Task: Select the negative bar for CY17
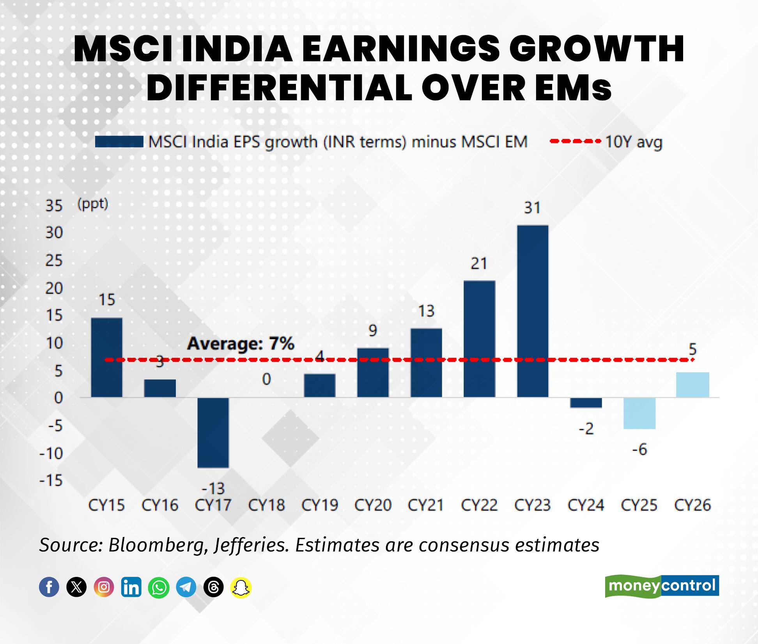213,432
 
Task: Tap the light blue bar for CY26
692,385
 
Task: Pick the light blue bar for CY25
639,413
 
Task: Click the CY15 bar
106,358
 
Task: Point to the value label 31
532,208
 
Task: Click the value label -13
213,488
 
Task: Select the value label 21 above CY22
479,264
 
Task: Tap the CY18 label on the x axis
266,505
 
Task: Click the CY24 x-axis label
586,505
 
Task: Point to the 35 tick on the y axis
54,206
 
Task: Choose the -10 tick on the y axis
51,454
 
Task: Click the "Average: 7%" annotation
240,344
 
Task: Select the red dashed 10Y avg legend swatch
575,141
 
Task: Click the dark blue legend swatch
119,142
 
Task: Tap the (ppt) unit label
93,204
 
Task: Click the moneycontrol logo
662,586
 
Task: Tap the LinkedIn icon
131,587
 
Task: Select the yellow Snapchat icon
241,587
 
